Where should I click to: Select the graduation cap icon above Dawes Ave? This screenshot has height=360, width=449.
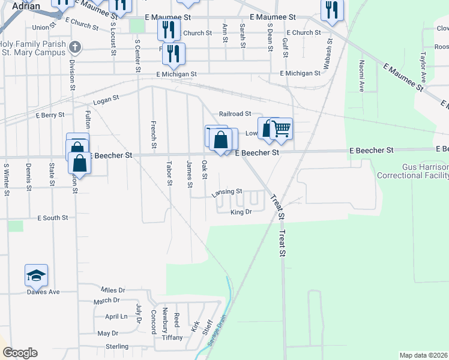(x=36, y=275)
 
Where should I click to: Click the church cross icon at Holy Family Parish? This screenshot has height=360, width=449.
(x=74, y=47)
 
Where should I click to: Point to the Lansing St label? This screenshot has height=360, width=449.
(x=227, y=192)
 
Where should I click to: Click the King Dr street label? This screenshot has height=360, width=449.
(x=240, y=212)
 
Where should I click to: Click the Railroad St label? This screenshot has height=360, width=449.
(x=234, y=113)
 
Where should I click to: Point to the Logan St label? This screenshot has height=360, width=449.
(x=107, y=98)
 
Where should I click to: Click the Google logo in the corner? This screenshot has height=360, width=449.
(x=20, y=353)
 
